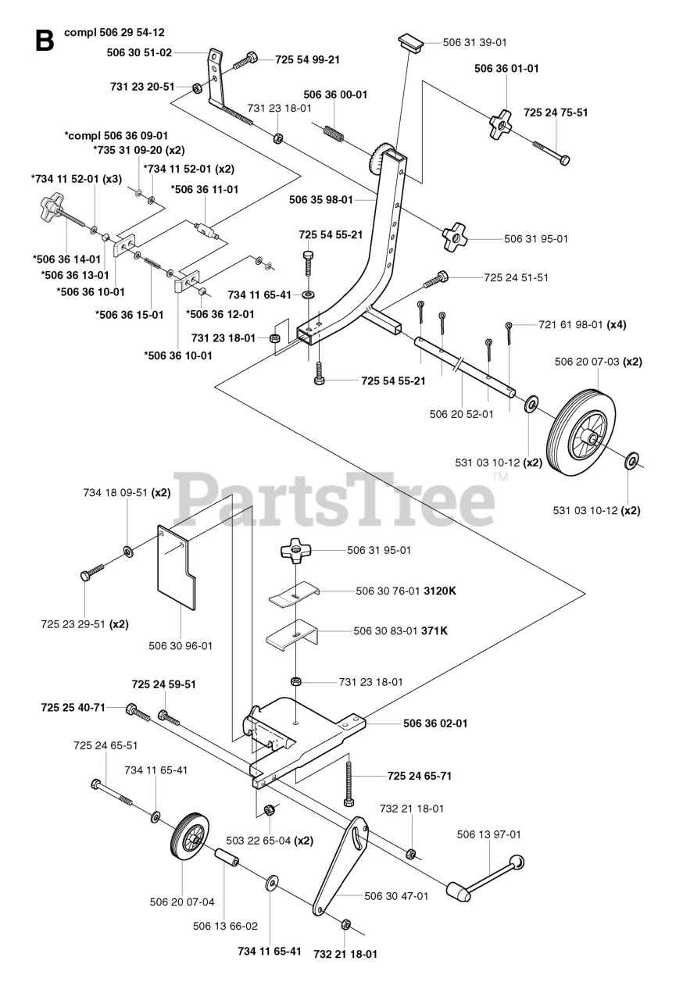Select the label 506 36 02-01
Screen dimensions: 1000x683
point(435,723)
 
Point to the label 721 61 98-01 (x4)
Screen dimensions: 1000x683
point(582,324)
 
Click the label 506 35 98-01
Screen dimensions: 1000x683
point(320,200)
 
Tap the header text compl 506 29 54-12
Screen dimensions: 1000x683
point(114,33)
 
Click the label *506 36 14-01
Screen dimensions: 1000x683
point(67,259)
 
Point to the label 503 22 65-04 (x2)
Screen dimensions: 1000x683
point(269,841)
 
